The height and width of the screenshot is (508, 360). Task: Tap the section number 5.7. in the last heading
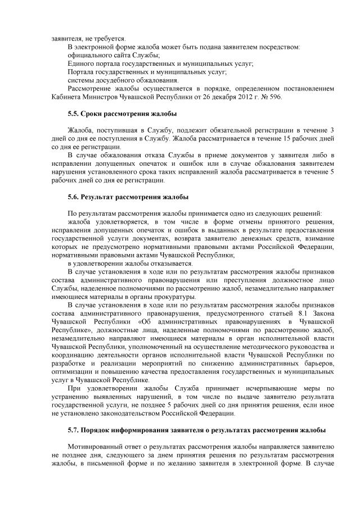point(73,430)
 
